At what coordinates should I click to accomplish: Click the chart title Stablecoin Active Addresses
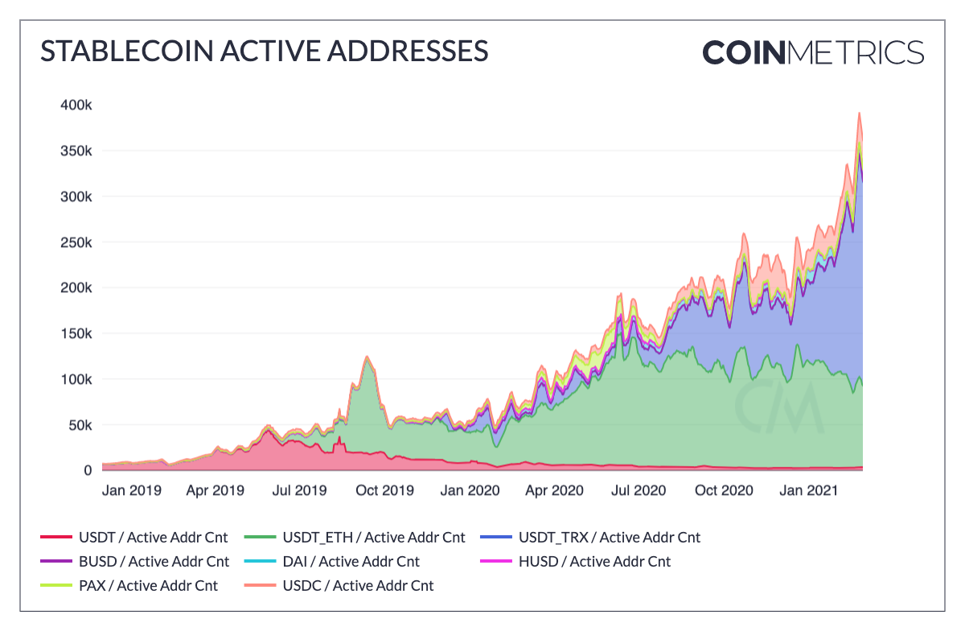[x=265, y=52]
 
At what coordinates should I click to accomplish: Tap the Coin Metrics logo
[x=813, y=52]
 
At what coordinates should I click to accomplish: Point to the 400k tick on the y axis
[x=76, y=105]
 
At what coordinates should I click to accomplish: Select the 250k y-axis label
[x=76, y=242]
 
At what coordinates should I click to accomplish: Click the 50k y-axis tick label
[x=80, y=425]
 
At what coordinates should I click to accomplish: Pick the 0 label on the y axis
[x=87, y=470]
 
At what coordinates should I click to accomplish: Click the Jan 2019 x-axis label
[x=132, y=490]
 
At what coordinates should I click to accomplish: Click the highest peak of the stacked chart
[x=859, y=113]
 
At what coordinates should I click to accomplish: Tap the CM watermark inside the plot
[x=778, y=406]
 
